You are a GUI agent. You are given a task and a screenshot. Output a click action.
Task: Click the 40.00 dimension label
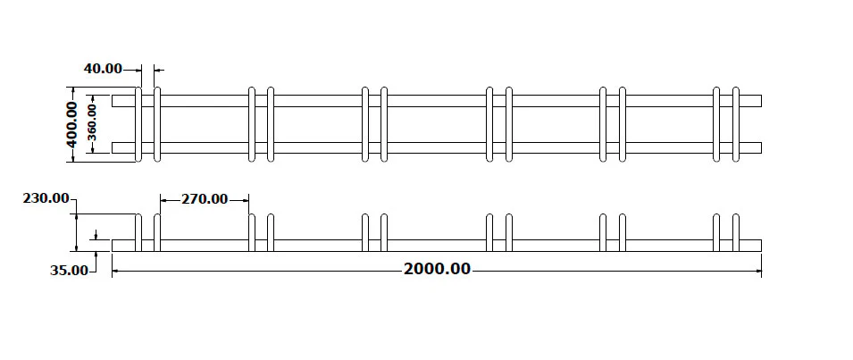[x=103, y=69]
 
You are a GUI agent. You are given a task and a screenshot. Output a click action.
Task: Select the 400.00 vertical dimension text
[x=71, y=124]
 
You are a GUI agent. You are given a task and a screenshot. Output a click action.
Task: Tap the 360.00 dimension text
[x=93, y=122]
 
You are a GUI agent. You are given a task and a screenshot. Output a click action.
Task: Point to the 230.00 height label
[x=46, y=198]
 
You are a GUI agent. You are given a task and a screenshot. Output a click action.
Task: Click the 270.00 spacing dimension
[x=205, y=199]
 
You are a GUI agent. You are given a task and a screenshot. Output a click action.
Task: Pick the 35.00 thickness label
[x=69, y=271]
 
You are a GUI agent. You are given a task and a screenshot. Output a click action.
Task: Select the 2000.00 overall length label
[x=438, y=269]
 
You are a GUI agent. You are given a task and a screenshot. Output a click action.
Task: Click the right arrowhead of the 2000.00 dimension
[x=757, y=271]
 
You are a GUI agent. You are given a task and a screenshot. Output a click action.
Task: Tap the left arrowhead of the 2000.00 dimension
[x=116, y=271]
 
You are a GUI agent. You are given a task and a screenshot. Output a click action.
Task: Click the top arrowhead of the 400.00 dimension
[x=71, y=91]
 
